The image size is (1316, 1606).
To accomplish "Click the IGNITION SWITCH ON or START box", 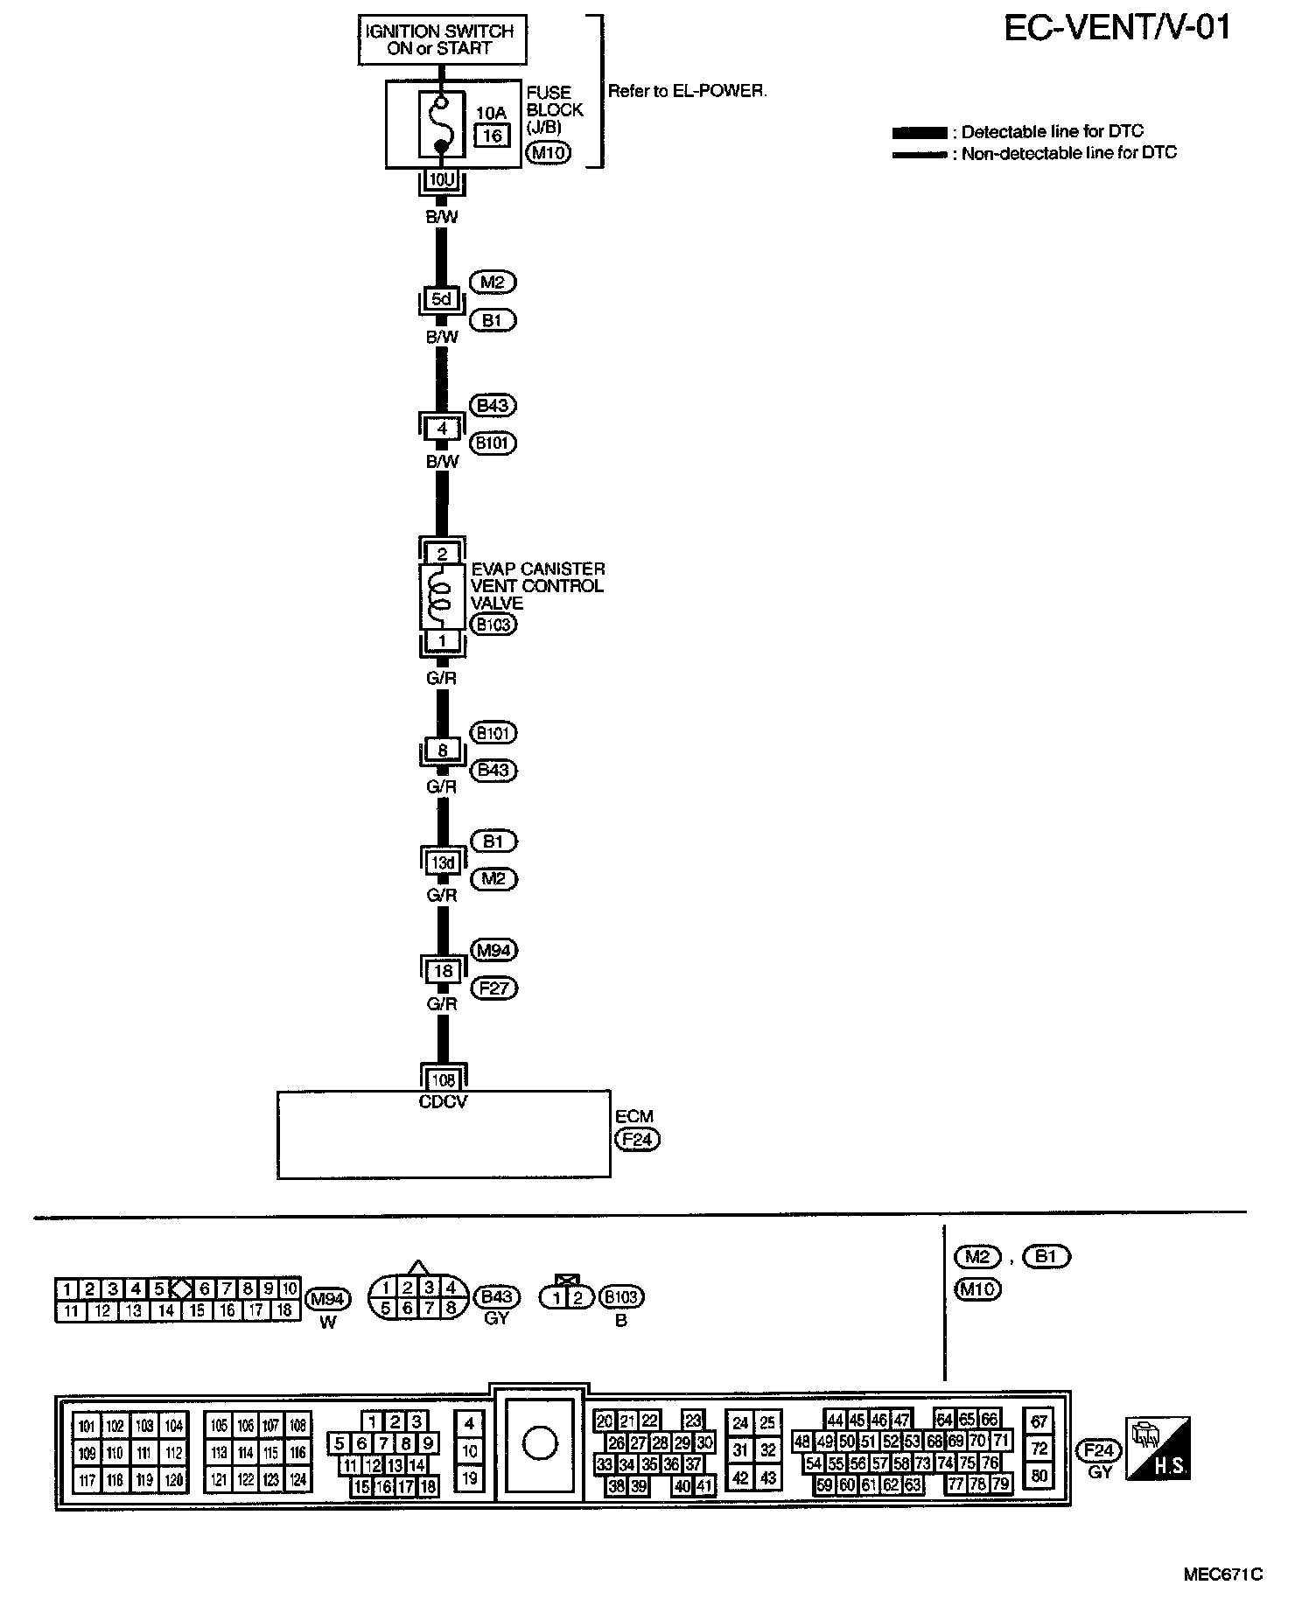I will click(x=442, y=39).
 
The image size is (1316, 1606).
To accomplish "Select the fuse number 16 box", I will click(x=493, y=135).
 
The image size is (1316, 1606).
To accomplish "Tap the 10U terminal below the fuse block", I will click(x=442, y=181).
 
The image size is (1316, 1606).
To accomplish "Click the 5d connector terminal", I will click(x=442, y=299).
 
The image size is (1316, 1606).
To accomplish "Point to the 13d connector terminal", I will click(x=443, y=862).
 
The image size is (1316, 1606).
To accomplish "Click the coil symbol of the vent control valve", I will click(x=442, y=596).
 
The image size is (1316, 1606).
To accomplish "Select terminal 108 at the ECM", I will click(x=444, y=1080).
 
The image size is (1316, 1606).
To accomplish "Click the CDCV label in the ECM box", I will click(x=444, y=1102).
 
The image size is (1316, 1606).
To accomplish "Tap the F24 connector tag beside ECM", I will click(x=637, y=1140).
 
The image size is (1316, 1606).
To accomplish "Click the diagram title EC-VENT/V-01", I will click(x=1117, y=28).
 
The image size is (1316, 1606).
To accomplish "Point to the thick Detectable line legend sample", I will click(x=919, y=133).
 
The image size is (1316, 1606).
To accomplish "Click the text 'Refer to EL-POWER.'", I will click(x=687, y=91).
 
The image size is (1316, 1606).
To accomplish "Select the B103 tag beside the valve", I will click(x=493, y=625).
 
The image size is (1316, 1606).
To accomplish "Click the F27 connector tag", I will click(x=494, y=988).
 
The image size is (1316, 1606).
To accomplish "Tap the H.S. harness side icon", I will click(x=1158, y=1448).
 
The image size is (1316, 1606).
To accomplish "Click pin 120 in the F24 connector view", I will click(x=174, y=1481).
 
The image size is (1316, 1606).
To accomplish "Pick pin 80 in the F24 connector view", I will click(x=1039, y=1477).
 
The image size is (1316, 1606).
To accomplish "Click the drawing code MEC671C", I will click(x=1222, y=1575).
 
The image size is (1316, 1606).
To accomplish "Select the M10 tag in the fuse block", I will click(x=549, y=154).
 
